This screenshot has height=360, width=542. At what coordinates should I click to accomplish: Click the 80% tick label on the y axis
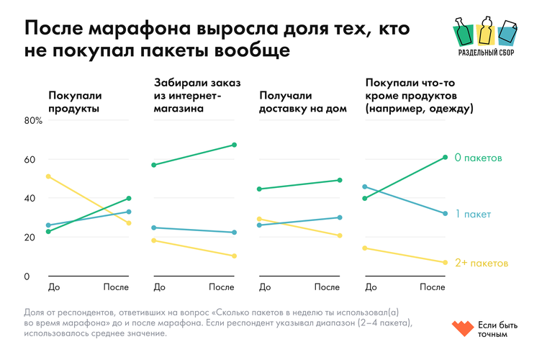(x=33, y=120)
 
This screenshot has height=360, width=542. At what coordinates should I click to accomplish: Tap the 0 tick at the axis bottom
(x=27, y=276)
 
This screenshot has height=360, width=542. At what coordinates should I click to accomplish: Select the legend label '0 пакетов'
(x=478, y=157)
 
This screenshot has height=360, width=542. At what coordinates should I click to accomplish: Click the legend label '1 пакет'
(x=472, y=214)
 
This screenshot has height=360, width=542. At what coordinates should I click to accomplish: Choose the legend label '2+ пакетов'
(x=481, y=263)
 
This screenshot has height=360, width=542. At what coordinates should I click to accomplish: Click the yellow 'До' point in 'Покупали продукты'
(x=48, y=176)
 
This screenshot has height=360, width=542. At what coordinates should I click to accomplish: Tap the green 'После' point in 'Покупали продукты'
(x=128, y=198)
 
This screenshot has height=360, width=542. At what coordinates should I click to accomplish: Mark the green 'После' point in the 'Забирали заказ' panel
(x=234, y=145)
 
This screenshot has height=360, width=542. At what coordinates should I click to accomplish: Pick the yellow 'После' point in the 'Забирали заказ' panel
(x=234, y=256)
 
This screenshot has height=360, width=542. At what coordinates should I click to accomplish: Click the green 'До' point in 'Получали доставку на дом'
(x=259, y=189)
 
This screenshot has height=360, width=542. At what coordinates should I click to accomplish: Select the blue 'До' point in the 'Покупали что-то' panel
(x=365, y=186)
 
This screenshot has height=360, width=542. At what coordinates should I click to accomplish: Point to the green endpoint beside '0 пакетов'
(x=446, y=157)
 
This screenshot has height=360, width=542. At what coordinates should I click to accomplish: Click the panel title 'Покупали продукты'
(x=74, y=102)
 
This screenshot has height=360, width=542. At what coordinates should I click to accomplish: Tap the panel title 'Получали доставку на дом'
(x=302, y=102)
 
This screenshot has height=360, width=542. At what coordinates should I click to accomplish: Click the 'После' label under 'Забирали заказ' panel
(x=222, y=287)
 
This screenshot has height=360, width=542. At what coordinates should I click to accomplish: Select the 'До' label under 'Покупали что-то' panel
(x=371, y=287)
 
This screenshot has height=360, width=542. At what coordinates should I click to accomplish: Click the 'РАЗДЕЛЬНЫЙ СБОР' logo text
(x=487, y=53)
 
